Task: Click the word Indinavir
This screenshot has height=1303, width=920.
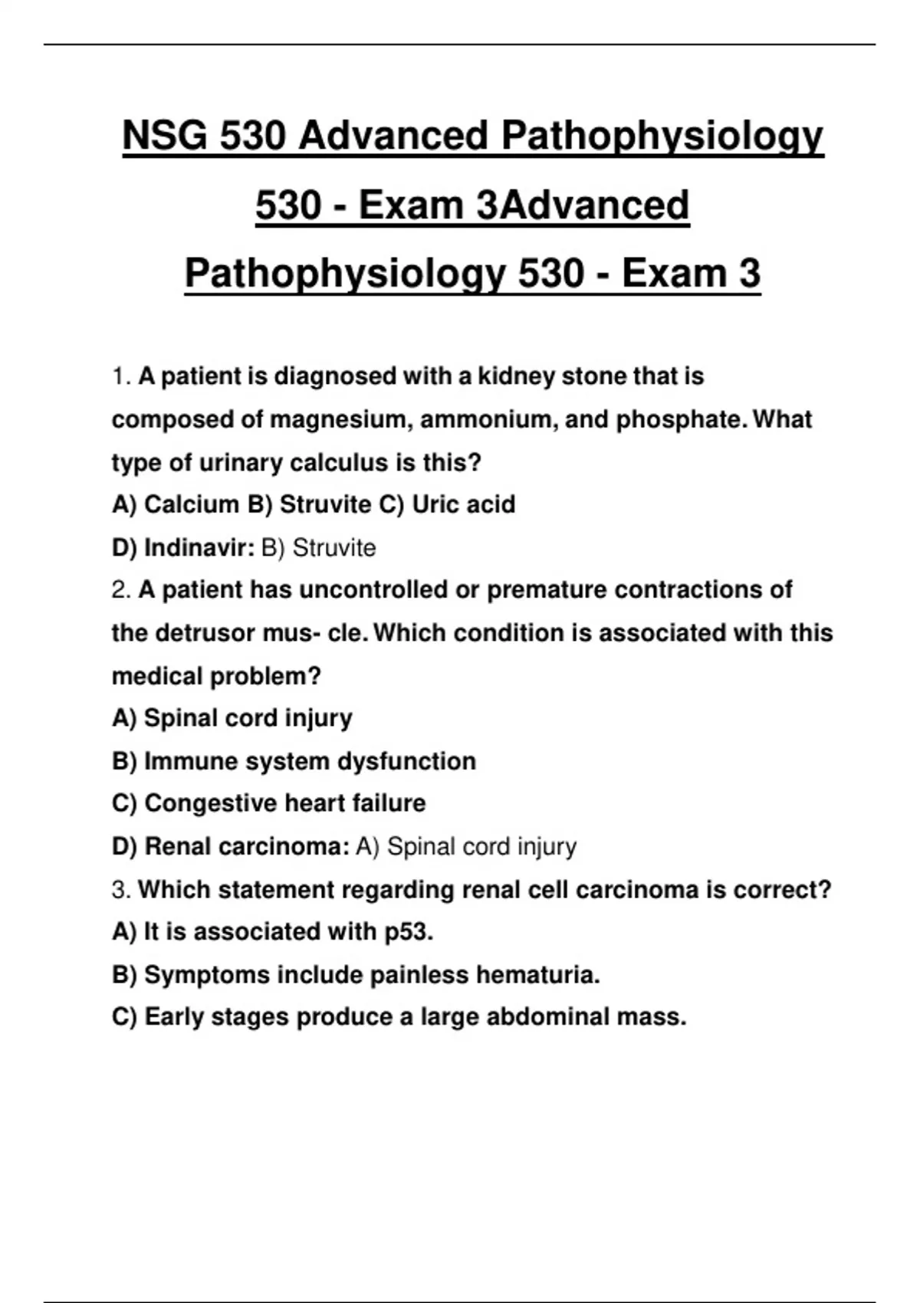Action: pos(199,548)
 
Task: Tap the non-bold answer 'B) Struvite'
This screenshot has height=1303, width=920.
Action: pos(319,548)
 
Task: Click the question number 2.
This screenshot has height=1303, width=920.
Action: pos(120,590)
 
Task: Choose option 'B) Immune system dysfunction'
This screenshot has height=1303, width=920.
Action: pos(294,761)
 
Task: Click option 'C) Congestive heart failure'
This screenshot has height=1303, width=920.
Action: pos(268,803)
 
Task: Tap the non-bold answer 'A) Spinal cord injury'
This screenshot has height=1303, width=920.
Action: pos(466,846)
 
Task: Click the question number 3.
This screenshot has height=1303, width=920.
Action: pos(120,890)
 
